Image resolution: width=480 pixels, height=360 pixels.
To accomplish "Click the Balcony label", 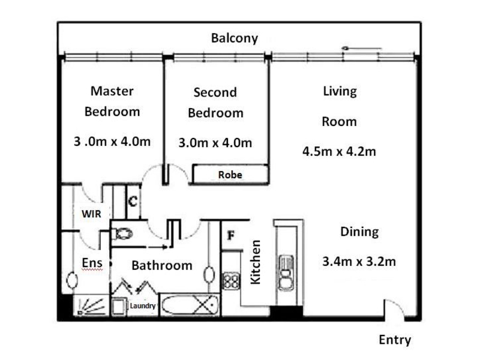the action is pyautogui.click(x=235, y=38).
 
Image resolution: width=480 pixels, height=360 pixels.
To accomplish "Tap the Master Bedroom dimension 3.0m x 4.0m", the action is pyautogui.click(x=112, y=142).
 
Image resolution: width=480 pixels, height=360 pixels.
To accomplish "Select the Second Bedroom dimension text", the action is pyautogui.click(x=215, y=143).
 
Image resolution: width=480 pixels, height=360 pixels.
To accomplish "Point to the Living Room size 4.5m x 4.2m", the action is pyautogui.click(x=339, y=151).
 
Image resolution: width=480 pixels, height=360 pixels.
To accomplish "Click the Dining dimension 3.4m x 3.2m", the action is pyautogui.click(x=359, y=262).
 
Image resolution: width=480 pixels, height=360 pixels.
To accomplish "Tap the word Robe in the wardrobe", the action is pyautogui.click(x=230, y=175).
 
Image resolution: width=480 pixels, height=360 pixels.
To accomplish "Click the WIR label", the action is pyautogui.click(x=91, y=214).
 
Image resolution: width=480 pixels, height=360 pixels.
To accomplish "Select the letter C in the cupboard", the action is pyautogui.click(x=133, y=202).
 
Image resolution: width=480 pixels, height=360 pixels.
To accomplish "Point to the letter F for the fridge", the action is pyautogui.click(x=231, y=235).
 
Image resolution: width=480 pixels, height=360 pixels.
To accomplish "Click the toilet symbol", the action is pyautogui.click(x=122, y=234).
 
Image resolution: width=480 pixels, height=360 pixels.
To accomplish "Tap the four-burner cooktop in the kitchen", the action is pyautogui.click(x=231, y=281).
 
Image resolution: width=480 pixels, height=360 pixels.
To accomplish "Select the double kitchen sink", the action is pyautogui.click(x=286, y=272).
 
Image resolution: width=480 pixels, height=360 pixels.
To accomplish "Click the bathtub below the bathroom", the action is pyautogui.click(x=190, y=305).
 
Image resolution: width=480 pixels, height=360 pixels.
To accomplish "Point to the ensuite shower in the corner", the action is pyautogui.click(x=91, y=305).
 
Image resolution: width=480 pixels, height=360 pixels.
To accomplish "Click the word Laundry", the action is pyautogui.click(x=143, y=306).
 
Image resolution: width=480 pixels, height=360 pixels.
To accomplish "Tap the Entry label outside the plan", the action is pyautogui.click(x=395, y=340).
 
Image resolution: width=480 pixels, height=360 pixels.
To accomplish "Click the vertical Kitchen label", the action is pyautogui.click(x=256, y=262).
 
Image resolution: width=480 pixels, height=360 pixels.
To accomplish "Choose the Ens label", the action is pyautogui.click(x=92, y=263).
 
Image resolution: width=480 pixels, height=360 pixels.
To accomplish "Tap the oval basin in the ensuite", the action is pyautogui.click(x=72, y=280).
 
